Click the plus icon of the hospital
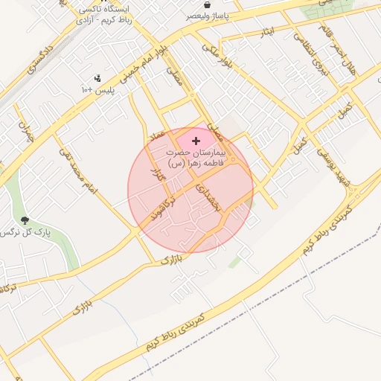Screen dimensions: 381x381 [196, 141]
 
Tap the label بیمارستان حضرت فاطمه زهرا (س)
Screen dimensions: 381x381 [196, 158]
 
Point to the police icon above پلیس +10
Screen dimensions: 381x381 [97, 78]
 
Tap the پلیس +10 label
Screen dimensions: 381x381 [97, 89]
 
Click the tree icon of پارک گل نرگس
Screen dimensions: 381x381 [26, 220]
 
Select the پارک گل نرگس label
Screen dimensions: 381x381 [22, 232]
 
